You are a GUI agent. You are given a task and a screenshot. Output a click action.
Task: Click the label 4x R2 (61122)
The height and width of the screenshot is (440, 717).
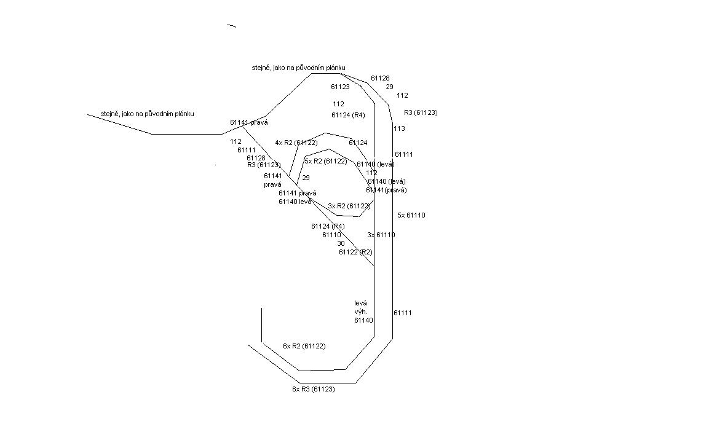click(x=296, y=143)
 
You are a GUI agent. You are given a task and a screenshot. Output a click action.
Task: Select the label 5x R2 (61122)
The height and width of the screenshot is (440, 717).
click(x=325, y=161)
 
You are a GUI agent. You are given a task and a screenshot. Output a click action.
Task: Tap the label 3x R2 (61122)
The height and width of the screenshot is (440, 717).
click(x=349, y=206)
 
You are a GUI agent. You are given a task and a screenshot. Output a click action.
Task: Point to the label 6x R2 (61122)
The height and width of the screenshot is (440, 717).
click(x=304, y=346)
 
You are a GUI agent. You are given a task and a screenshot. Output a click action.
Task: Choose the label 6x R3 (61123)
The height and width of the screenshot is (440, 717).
click(x=313, y=389)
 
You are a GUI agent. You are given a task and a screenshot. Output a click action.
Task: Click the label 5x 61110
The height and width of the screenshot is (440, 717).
click(x=411, y=215)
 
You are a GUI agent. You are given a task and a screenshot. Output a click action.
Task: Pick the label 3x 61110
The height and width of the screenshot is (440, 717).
click(x=381, y=235)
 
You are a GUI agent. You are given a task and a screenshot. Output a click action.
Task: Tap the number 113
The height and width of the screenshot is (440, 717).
click(x=399, y=128)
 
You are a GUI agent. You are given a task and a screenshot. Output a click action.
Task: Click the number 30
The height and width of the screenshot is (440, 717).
click(x=341, y=243)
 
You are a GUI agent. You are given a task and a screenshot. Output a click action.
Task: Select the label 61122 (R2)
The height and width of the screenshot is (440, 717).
click(x=355, y=252)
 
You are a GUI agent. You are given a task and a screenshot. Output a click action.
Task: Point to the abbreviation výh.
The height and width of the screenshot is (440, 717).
click(x=360, y=312)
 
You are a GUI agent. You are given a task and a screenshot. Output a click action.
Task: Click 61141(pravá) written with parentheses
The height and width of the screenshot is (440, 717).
click(x=386, y=190)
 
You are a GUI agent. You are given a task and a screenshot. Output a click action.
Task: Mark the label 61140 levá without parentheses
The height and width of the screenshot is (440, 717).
click(x=295, y=202)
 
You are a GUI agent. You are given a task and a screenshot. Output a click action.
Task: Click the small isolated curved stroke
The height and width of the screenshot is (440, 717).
click(x=231, y=26)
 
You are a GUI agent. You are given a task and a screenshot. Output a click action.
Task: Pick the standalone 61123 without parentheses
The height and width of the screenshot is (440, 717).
click(x=340, y=87)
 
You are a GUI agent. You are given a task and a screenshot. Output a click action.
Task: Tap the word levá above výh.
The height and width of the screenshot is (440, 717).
click(x=360, y=303)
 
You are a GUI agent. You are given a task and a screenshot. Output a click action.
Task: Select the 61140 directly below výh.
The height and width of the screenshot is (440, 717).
click(x=363, y=320)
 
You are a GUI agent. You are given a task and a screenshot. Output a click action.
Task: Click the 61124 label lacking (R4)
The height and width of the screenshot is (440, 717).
click(x=358, y=143)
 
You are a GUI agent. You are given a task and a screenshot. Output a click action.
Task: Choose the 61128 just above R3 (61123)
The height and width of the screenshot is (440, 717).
click(x=256, y=158)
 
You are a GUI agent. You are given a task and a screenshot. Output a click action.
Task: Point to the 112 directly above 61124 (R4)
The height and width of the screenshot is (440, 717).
click(x=338, y=104)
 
